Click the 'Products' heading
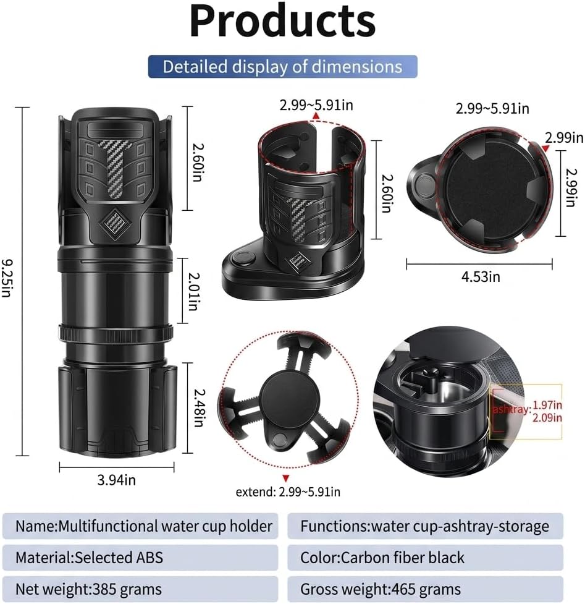click(282, 22)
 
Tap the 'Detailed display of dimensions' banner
click(282, 67)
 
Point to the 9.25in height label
click(7, 278)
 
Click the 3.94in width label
click(116, 480)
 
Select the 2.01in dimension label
click(194, 292)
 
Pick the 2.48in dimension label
click(199, 408)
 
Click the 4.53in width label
click(481, 276)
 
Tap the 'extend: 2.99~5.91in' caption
click(288, 492)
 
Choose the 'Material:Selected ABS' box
click(140, 558)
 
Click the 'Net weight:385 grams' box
click(140, 589)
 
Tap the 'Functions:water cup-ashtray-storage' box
click(425, 526)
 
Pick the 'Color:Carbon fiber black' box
click(425, 558)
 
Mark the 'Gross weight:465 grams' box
click(425, 589)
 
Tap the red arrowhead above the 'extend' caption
click(285, 478)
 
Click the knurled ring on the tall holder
click(116, 333)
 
